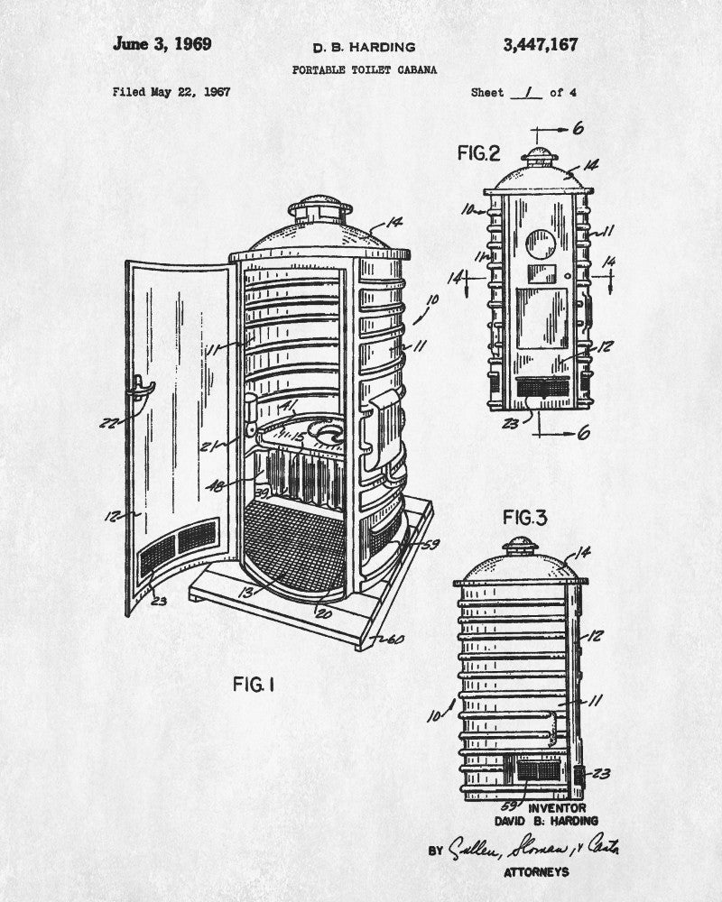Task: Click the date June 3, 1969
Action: point(162,45)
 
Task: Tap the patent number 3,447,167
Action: point(538,45)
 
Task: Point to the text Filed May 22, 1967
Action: point(171,92)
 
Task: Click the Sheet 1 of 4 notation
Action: point(523,92)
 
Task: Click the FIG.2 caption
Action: point(477,153)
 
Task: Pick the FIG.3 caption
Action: point(525,518)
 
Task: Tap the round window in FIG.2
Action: point(541,244)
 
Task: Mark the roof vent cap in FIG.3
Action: point(520,545)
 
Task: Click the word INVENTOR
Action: point(557,808)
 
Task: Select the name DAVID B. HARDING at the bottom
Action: point(547,822)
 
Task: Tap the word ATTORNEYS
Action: point(537,872)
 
